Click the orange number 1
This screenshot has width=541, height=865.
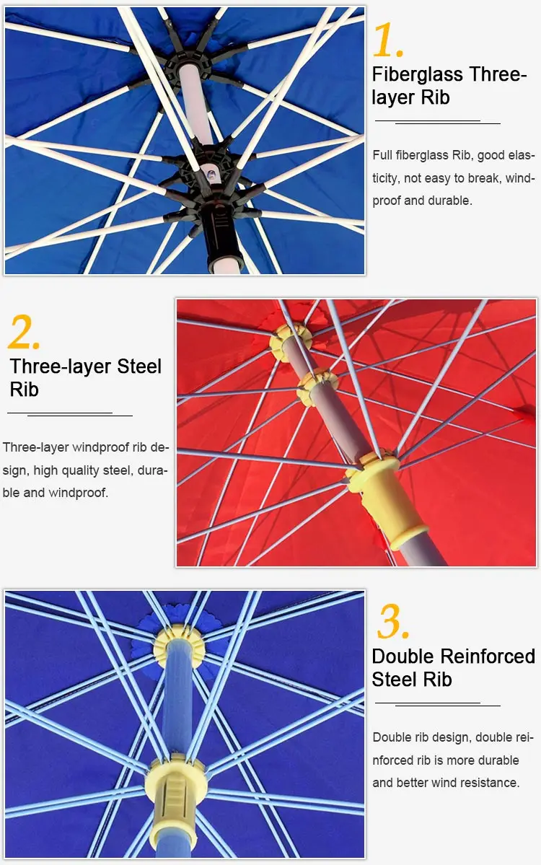point(388,40)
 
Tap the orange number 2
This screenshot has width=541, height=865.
point(24,332)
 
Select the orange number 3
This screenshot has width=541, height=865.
point(393,621)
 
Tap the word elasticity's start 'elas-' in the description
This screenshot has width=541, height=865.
point(521,155)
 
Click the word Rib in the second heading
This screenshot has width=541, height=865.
point(25,390)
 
